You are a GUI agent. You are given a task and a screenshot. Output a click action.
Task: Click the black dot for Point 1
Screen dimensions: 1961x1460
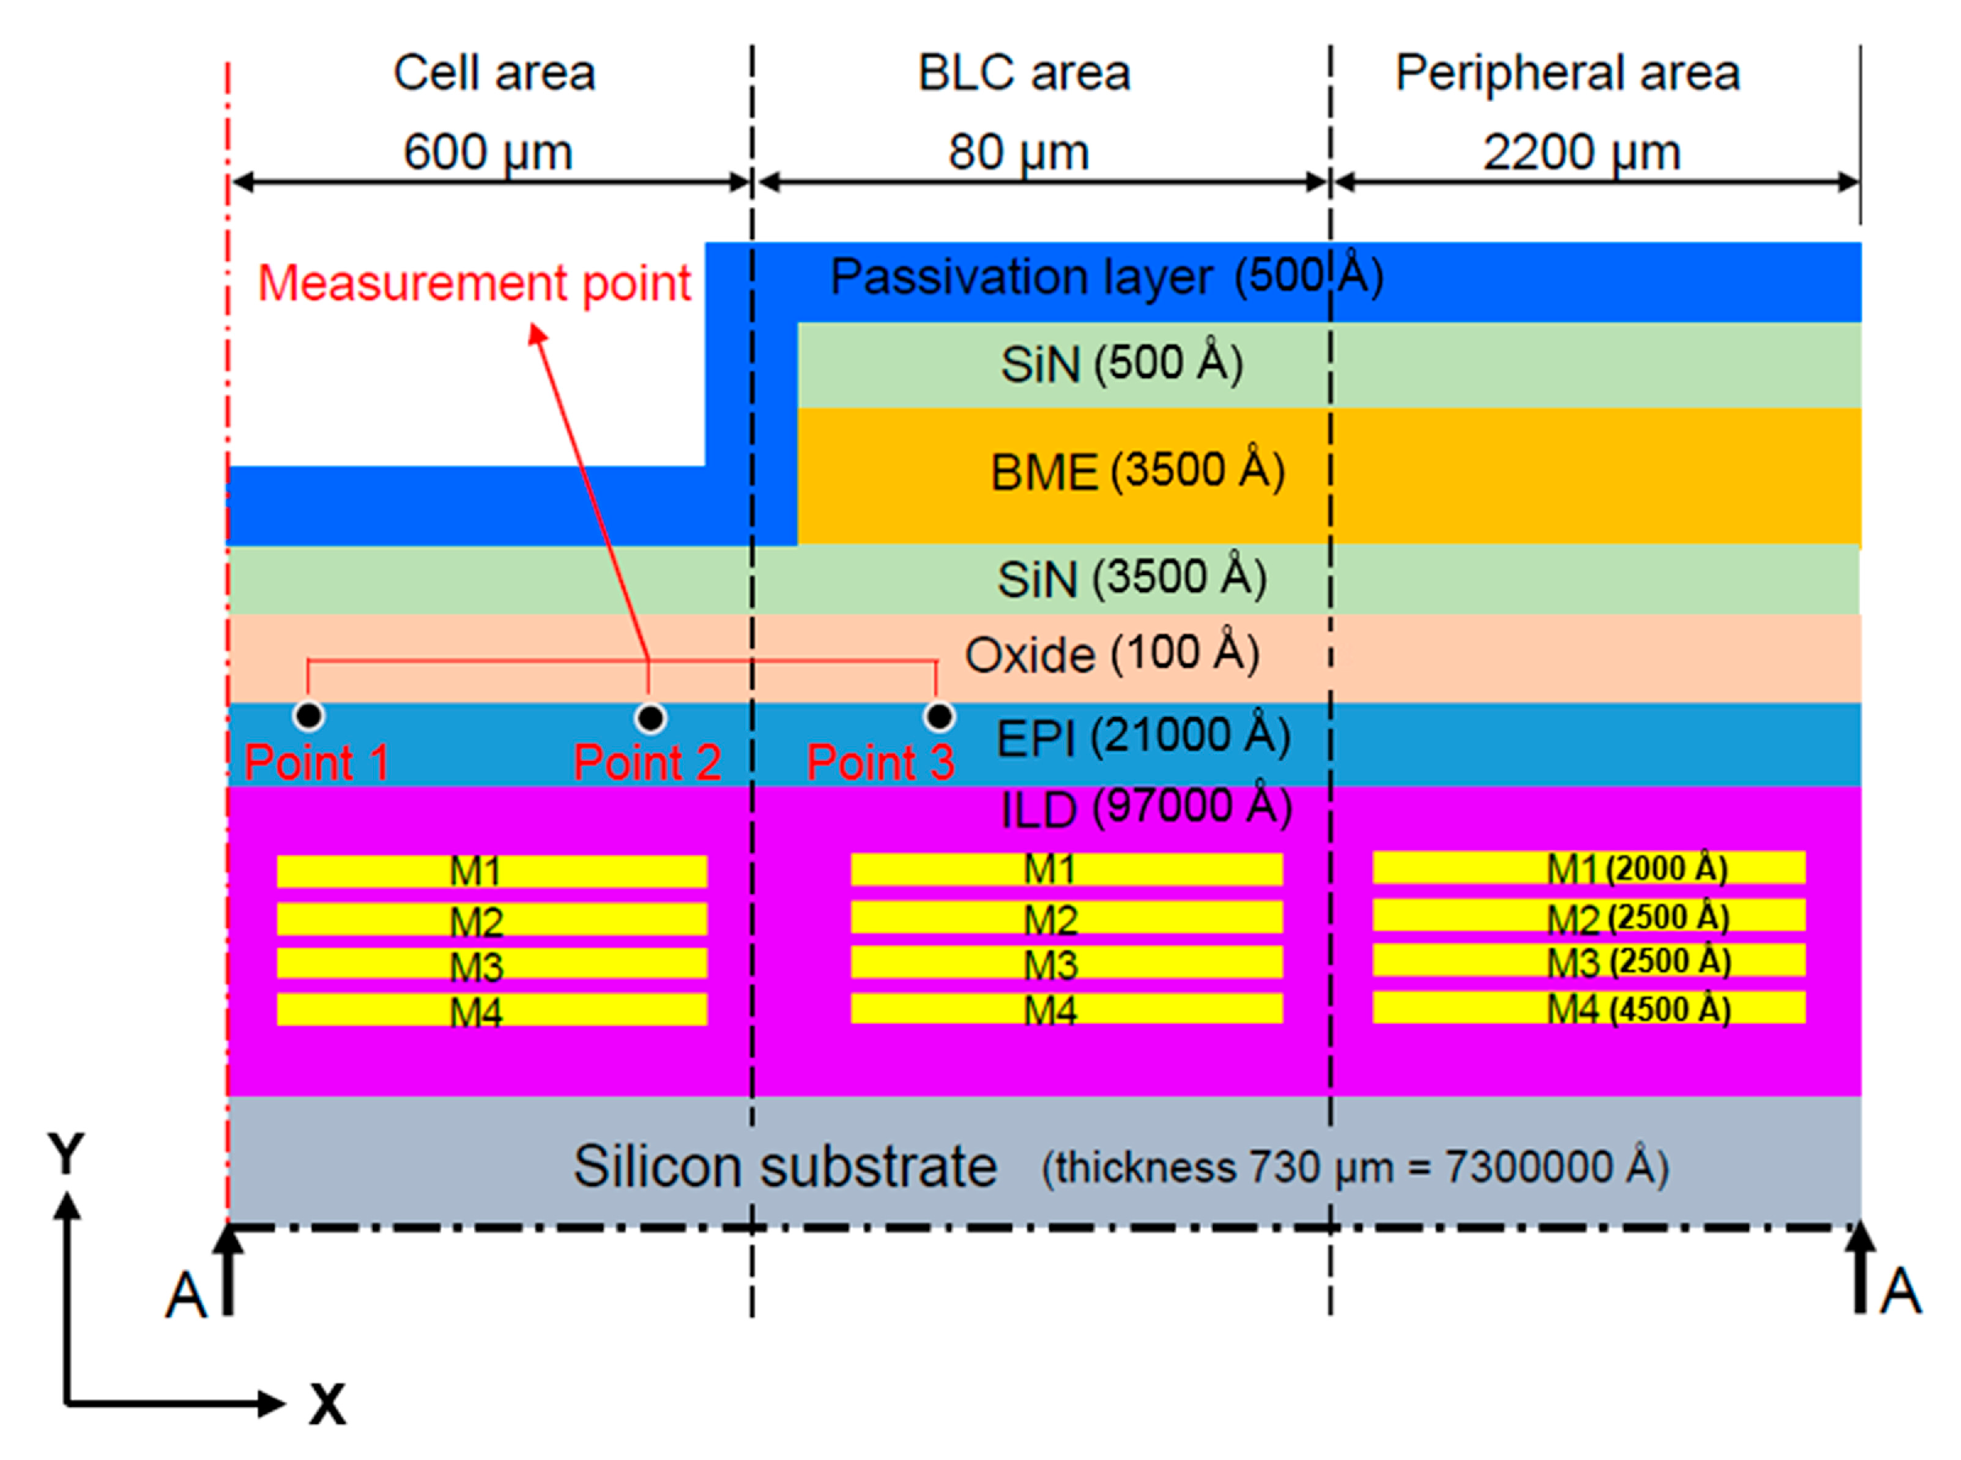tap(308, 715)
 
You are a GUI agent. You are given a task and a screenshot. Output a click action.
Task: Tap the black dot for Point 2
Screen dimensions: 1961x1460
tap(650, 718)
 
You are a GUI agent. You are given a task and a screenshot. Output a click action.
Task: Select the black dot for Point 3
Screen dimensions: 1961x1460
tap(939, 716)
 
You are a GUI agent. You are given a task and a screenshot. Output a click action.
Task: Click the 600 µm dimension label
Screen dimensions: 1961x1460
tap(488, 151)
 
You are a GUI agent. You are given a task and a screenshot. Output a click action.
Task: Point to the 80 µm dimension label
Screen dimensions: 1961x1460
tap(1018, 151)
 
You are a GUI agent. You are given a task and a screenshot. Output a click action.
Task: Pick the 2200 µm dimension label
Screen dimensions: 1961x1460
tap(1581, 152)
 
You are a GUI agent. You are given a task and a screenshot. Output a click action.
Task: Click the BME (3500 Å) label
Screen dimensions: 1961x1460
tap(1136, 471)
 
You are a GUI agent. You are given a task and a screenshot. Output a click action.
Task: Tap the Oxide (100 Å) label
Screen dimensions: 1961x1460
tap(1111, 654)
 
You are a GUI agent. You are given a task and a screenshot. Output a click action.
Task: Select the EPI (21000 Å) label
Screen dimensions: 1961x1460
tap(1143, 737)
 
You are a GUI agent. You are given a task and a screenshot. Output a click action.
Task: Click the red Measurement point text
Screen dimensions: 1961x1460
tap(474, 284)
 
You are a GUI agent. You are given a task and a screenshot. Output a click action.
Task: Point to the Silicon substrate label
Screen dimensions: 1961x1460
tap(785, 1166)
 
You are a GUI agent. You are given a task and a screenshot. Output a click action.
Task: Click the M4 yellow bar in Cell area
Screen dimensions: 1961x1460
tap(491, 1010)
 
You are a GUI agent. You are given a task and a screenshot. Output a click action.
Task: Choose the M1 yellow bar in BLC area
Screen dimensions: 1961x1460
tap(1066, 869)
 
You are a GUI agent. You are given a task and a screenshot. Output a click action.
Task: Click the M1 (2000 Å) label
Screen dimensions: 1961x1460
tap(1636, 869)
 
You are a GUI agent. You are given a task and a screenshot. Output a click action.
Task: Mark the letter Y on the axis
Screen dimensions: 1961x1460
tap(66, 1153)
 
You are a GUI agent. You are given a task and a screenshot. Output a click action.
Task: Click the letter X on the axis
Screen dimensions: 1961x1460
tap(327, 1404)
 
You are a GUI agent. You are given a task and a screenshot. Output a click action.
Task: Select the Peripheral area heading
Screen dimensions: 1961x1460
tap(1567, 73)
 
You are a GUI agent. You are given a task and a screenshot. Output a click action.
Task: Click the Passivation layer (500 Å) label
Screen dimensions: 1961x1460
tap(1105, 277)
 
